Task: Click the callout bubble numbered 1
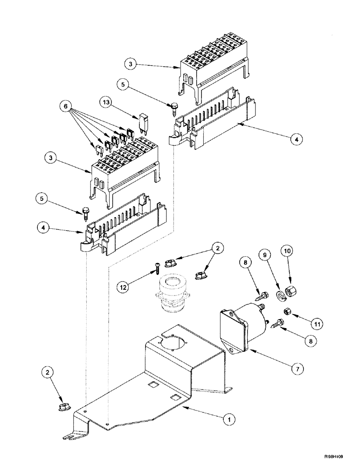[228, 419]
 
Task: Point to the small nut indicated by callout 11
[288, 311]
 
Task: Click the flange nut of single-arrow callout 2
[62, 408]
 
